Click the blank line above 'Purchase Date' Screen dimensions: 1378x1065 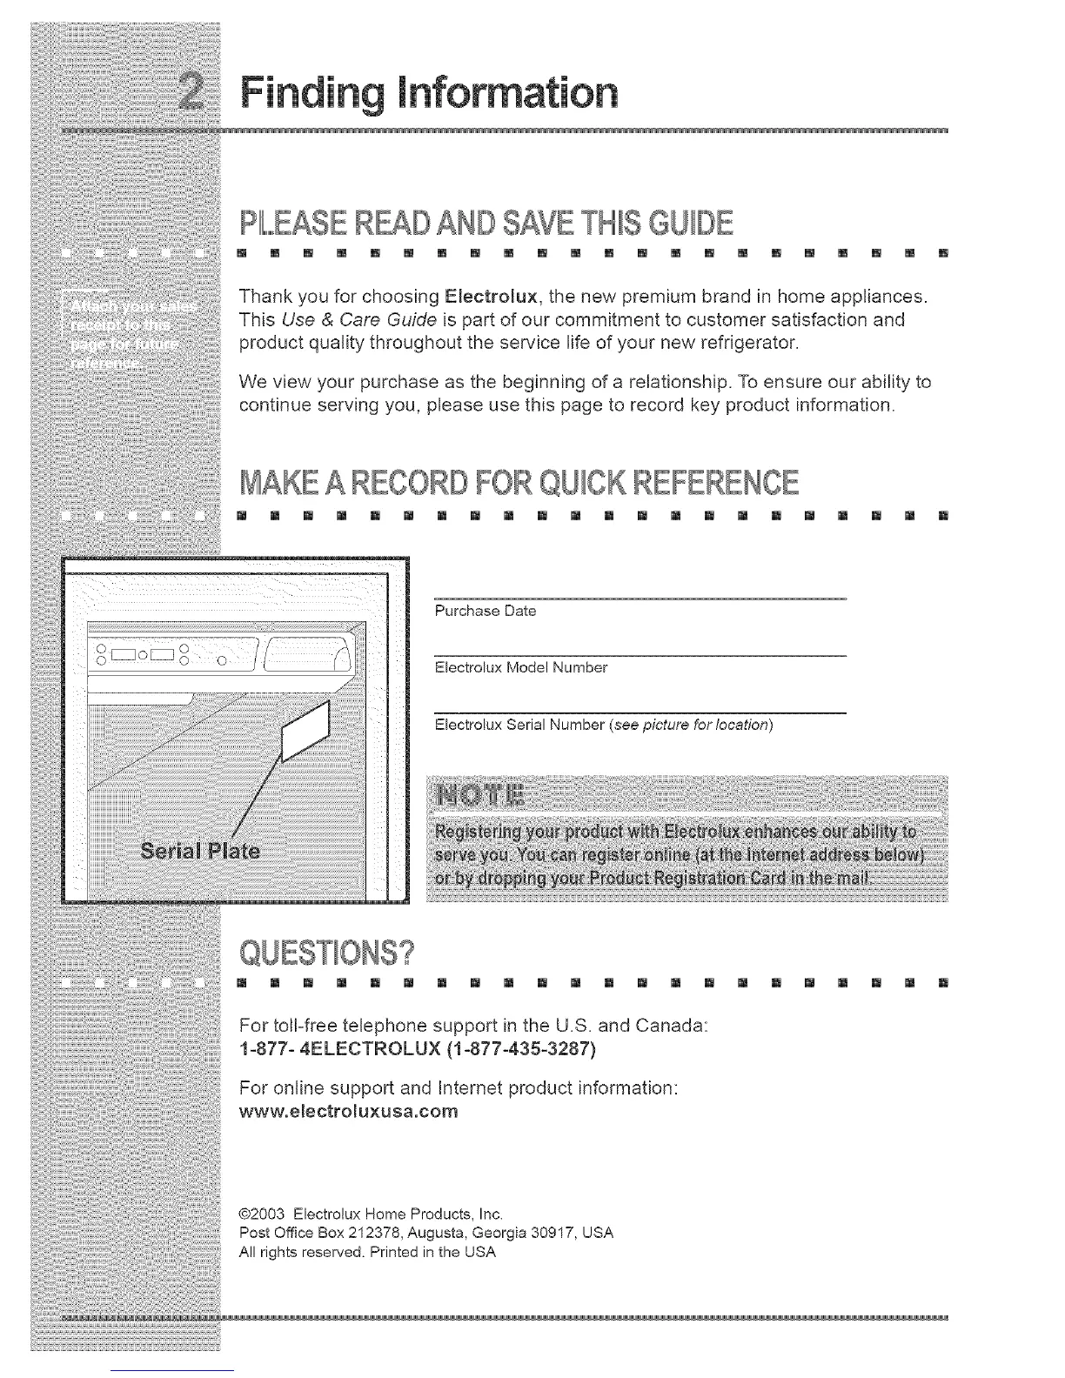640,599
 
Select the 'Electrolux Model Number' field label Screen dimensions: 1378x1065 520,668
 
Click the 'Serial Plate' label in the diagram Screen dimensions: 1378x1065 200,850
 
